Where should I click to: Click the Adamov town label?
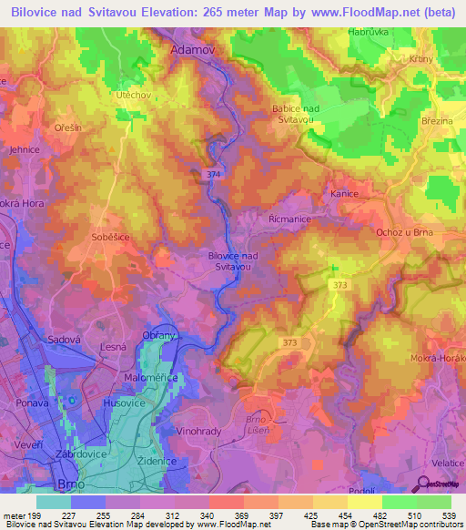[193, 52]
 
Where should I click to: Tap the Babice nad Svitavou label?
[293, 114]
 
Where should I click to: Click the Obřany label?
[158, 336]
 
